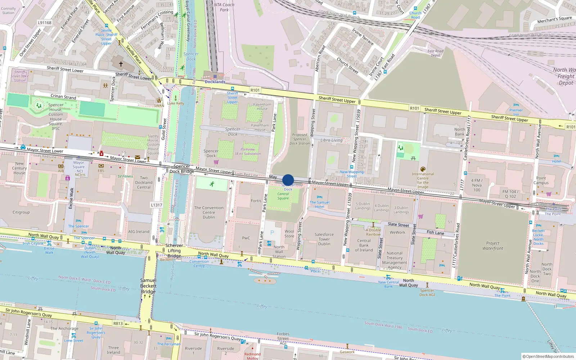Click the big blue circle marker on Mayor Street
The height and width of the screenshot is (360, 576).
[288, 180]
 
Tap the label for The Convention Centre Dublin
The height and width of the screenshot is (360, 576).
[209, 212]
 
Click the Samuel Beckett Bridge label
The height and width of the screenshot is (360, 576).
[148, 286]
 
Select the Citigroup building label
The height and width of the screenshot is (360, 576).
[21, 212]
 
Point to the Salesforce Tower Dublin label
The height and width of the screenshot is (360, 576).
[324, 239]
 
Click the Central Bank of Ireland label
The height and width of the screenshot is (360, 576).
[364, 246]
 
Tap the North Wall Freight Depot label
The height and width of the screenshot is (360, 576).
[565, 76]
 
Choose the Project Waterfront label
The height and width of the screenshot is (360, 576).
[493, 246]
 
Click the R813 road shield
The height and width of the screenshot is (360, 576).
[118, 323]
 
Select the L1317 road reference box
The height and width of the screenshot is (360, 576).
[157, 205]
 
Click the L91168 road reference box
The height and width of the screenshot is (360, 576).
[45, 23]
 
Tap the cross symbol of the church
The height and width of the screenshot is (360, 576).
[121, 64]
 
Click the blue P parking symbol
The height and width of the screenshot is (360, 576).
[272, 233]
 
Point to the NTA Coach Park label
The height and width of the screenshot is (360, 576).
[224, 7]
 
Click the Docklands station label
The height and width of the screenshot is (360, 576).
[215, 82]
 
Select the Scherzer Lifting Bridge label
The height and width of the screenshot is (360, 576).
[174, 251]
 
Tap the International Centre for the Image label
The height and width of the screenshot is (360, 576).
[423, 180]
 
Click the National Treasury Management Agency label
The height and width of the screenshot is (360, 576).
[395, 260]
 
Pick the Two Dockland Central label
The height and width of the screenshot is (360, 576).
[144, 183]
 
